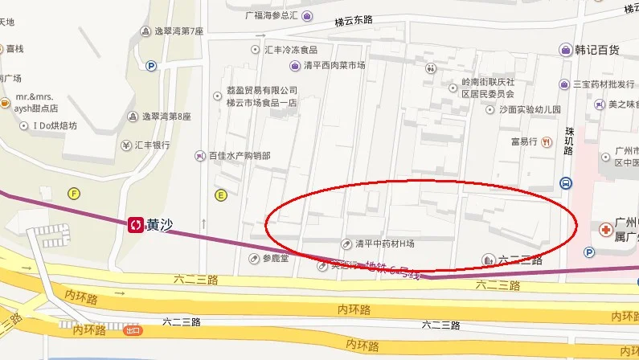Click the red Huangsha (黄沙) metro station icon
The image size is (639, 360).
(135, 225)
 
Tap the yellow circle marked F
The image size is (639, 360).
(75, 193)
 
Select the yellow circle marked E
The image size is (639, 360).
(220, 194)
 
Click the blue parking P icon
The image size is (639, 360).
(150, 67)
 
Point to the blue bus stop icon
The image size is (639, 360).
(567, 183)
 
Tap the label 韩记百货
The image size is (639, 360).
(596, 50)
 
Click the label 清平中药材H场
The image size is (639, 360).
(385, 243)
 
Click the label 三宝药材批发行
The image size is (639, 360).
(604, 84)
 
